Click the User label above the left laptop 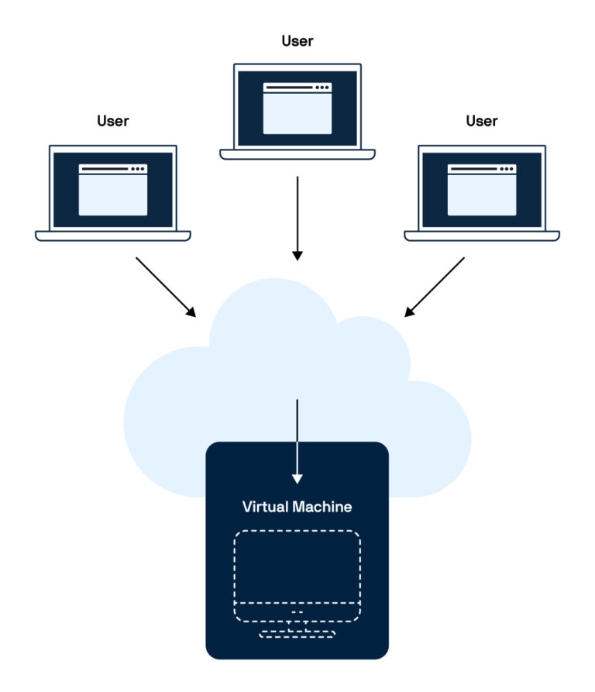pos(113,121)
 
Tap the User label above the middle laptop pos(297,40)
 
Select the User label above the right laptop pos(482,121)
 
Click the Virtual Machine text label pos(297,508)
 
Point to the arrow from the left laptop pos(166,286)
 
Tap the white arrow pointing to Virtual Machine pos(297,441)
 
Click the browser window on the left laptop pos(113,190)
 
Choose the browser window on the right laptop pos(482,190)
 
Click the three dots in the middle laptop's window pos(322,88)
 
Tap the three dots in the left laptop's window pos(138,168)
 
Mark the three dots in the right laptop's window pos(507,168)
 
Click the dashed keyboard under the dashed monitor pos(297,634)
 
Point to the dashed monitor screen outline pos(297,566)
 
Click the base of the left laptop pos(113,236)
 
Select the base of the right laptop pos(482,236)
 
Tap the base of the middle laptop pos(297,154)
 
